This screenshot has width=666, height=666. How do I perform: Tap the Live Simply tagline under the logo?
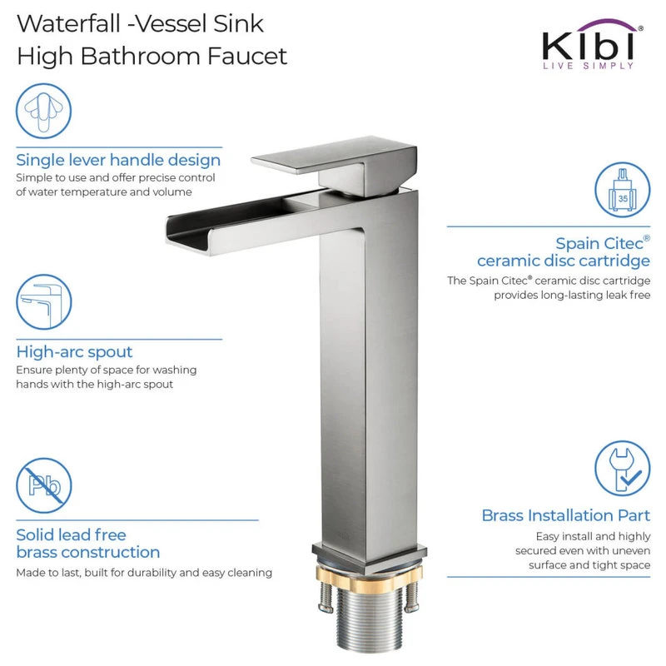pyautogui.click(x=589, y=66)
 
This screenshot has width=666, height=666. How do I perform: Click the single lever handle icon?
pyautogui.click(x=44, y=111)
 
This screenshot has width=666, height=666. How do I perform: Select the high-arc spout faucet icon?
pyautogui.click(x=44, y=302)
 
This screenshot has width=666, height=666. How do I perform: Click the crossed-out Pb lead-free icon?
pyautogui.click(x=44, y=485)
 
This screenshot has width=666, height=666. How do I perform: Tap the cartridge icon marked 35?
pyautogui.click(x=622, y=190)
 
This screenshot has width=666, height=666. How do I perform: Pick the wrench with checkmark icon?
pyautogui.click(x=622, y=468)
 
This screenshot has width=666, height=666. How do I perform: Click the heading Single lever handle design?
pyautogui.click(x=118, y=161)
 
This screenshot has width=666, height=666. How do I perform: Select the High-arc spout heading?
pyautogui.click(x=74, y=352)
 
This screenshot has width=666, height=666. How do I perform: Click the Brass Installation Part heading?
pyautogui.click(x=566, y=515)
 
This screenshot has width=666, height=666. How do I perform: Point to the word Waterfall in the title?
pyautogui.click(x=69, y=24)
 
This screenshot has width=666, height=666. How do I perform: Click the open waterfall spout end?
pyautogui.click(x=190, y=236)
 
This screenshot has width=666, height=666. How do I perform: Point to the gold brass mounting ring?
pyautogui.click(x=370, y=578)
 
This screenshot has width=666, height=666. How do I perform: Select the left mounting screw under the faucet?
pyautogui.click(x=326, y=597)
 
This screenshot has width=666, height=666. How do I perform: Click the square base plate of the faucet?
pyautogui.click(x=370, y=555)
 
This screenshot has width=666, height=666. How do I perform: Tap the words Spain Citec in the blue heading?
pyautogui.click(x=599, y=244)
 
